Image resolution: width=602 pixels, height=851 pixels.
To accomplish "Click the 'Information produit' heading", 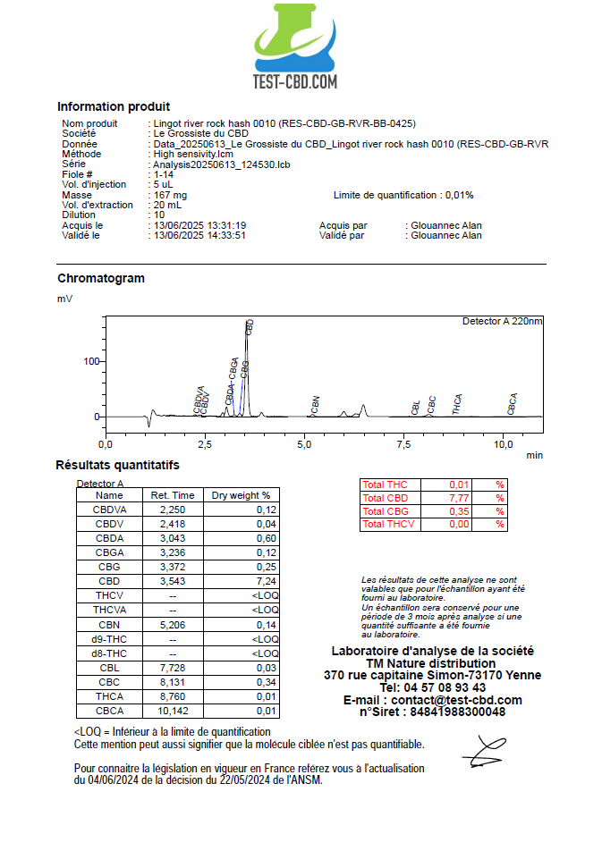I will coord(114,106).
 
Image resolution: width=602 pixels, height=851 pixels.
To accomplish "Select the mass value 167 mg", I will coord(170,195).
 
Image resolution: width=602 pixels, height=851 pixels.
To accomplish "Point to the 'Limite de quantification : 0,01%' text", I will coord(403,195).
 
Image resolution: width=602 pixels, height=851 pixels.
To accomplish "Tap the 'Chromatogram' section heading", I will coord(101,278).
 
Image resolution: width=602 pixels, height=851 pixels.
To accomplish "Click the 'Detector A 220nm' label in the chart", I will coord(502,321).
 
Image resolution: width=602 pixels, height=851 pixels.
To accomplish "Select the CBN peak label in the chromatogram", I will coord(316,404).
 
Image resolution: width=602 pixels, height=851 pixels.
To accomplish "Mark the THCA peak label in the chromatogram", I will coord(458,404).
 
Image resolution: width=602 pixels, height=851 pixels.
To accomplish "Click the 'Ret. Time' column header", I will coord(173,495).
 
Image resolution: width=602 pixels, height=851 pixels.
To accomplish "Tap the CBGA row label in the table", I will coord(109,552).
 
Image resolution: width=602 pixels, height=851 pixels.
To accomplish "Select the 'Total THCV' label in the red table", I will coord(389,524).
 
